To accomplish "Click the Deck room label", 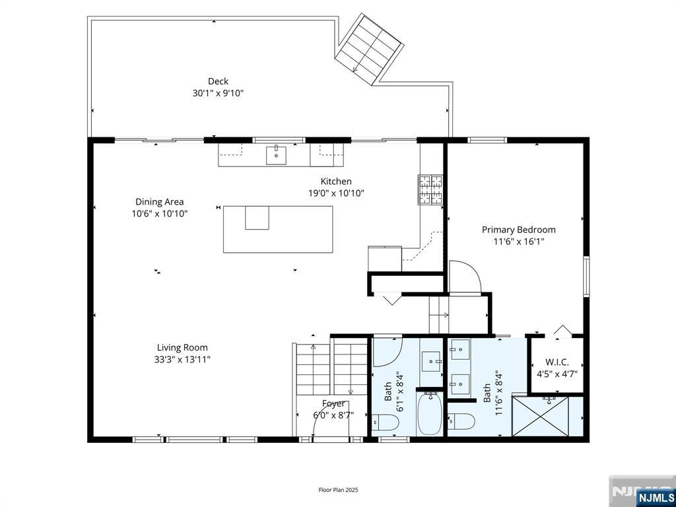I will [x=218, y=81].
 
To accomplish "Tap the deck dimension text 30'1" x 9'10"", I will [x=218, y=94].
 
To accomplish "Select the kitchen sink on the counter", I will [x=277, y=155].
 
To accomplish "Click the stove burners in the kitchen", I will [x=430, y=189].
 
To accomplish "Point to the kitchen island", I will [x=277, y=229].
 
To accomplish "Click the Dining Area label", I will [x=159, y=202].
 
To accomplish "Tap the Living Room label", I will [x=182, y=347].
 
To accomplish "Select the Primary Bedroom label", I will [x=518, y=230].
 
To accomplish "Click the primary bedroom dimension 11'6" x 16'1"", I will [x=518, y=242].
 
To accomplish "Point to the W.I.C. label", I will [x=557, y=362].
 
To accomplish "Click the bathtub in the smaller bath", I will [x=430, y=413].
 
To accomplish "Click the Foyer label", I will [x=333, y=403].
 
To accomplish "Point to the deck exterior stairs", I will [x=369, y=48].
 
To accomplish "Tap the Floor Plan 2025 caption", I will [x=338, y=490].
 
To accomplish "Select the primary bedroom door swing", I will [x=465, y=276].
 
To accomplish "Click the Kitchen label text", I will [x=336, y=181].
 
